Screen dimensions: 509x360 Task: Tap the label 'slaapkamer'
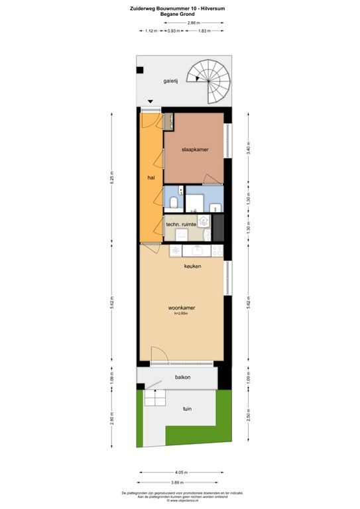[195, 150]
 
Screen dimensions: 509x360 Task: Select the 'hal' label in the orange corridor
[150, 178]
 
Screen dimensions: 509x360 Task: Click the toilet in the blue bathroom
[173, 203]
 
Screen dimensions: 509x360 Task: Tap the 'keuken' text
[192, 266]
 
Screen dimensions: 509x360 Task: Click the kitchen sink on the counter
[197, 250]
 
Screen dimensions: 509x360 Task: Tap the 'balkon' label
[183, 377]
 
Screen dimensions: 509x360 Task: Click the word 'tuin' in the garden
[188, 409]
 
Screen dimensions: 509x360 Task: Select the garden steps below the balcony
[154, 398]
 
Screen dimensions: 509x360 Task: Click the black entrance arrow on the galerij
[150, 101]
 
